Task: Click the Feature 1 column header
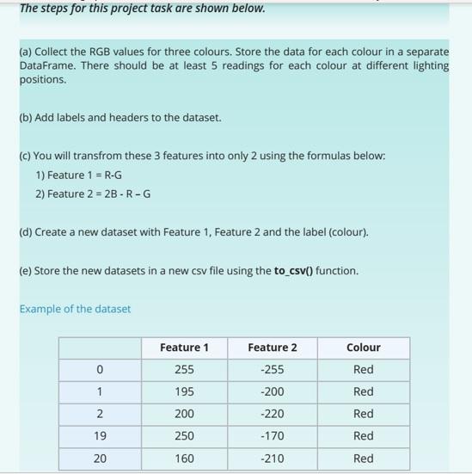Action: tap(184, 348)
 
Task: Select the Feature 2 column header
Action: tap(272, 348)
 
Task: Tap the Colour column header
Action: tap(363, 348)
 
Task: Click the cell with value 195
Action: tap(184, 391)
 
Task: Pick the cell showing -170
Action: tap(272, 436)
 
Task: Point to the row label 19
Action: tap(100, 436)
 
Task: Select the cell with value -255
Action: tap(272, 370)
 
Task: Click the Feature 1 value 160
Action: tap(184, 459)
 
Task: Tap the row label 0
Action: tap(100, 370)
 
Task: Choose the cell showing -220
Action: tap(272, 414)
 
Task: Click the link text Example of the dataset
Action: tap(75, 309)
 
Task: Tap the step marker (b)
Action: tap(26, 117)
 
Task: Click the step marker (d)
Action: tap(26, 232)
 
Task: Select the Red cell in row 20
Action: tap(363, 459)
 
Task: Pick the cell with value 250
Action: tap(184, 436)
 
